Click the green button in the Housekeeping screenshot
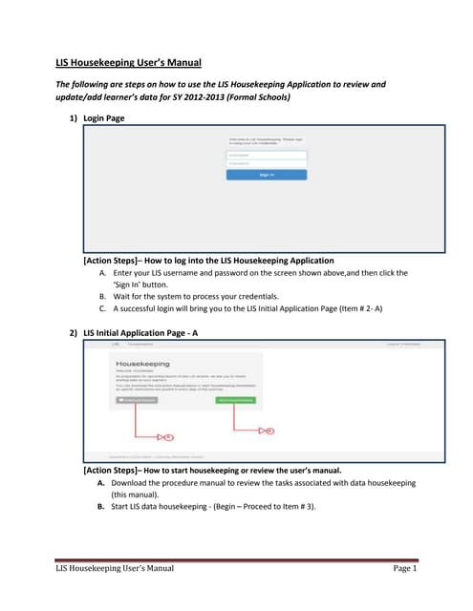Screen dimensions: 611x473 pyautogui.click(x=235, y=399)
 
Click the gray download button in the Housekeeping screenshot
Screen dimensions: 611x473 pyautogui.click(x=137, y=399)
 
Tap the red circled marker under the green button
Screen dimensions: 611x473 pyautogui.click(x=269, y=432)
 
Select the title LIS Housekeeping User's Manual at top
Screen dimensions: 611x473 pyautogui.click(x=127, y=63)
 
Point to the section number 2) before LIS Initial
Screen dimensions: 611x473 pyautogui.click(x=74, y=331)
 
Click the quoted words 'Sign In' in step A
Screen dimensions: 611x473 pyautogui.click(x=121, y=284)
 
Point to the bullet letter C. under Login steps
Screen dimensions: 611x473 pyautogui.click(x=102, y=309)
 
